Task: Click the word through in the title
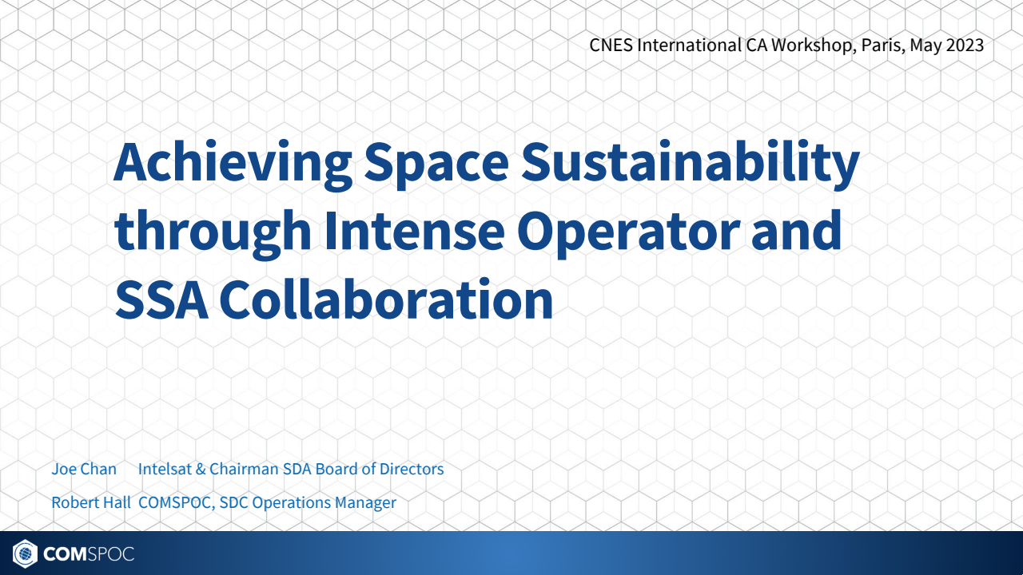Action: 213,230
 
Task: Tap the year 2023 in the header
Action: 965,45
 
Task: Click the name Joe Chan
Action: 84,469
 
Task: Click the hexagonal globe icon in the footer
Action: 26,553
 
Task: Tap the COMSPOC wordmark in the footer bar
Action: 90,553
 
